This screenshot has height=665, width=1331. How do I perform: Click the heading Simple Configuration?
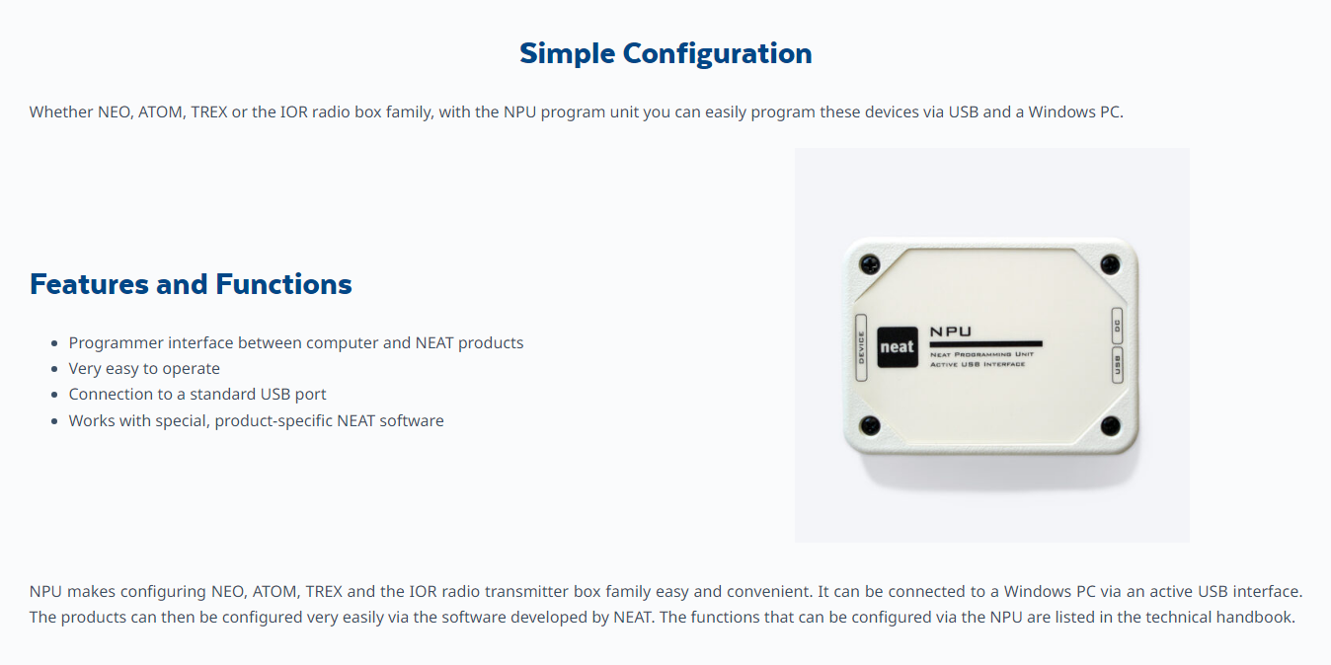pos(665,54)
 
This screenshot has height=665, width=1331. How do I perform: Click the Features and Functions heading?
pos(191,284)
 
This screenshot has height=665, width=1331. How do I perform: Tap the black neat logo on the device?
pos(898,347)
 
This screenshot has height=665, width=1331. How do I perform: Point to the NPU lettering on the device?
pos(950,332)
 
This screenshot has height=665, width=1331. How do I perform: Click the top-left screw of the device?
pos(870,263)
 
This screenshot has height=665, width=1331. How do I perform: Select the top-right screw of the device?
pos(1110,264)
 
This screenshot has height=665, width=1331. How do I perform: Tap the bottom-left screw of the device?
pos(871,425)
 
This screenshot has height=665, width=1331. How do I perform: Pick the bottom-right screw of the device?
pos(1111,425)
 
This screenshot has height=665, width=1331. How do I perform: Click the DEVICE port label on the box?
pos(861,348)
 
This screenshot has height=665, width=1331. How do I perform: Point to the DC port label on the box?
pos(1117,326)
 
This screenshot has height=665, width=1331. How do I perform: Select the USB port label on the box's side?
pos(1117,365)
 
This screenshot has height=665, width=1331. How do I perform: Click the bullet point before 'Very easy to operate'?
pos(54,369)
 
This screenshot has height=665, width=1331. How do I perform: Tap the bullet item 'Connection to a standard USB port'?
pos(197,395)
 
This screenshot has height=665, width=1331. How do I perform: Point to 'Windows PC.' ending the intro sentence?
pos(1075,111)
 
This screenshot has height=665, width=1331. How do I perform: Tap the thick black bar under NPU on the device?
pos(985,343)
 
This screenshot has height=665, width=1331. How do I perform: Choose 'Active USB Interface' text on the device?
pos(978,364)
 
